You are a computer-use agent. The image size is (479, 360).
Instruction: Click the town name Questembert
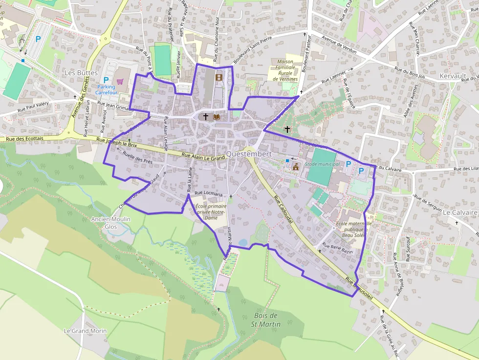(x=249, y=154)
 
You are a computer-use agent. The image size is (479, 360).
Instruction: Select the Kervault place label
(x=453, y=76)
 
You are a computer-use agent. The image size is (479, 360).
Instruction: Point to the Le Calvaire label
(x=459, y=212)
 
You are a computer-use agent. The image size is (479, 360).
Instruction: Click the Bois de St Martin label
(x=266, y=320)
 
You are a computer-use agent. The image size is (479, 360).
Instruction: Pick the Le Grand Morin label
(x=85, y=331)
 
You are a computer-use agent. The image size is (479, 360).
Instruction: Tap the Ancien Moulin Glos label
(x=111, y=223)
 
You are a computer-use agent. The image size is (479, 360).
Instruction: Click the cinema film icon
(x=218, y=76)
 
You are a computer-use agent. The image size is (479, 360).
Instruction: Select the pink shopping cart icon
(x=120, y=81)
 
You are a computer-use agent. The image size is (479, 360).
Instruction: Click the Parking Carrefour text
(x=107, y=89)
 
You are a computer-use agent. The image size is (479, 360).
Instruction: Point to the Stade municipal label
(x=322, y=164)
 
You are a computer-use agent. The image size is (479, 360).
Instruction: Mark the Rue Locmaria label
(x=208, y=193)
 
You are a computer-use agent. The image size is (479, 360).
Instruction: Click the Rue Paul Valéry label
(x=34, y=106)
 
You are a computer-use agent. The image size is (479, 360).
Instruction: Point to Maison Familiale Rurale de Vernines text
(x=285, y=70)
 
